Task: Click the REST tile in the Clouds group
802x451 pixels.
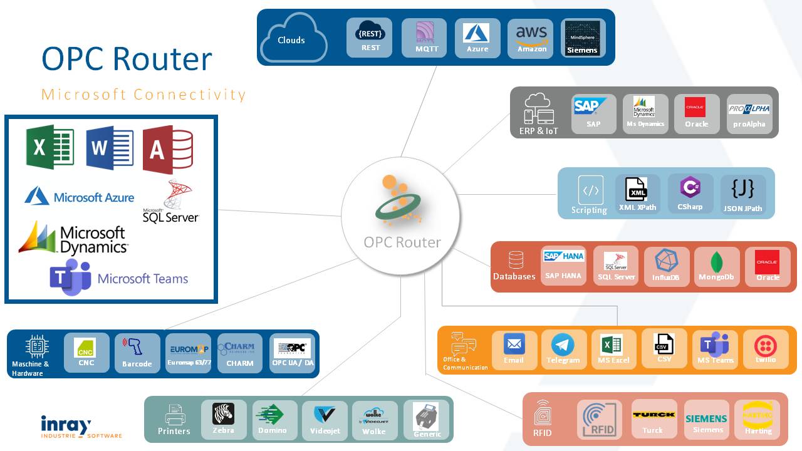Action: [370, 38]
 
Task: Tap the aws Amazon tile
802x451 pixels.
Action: [531, 38]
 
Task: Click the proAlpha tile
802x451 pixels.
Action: [749, 114]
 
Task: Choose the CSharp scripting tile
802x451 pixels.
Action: [690, 194]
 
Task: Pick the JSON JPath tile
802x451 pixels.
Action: [742, 194]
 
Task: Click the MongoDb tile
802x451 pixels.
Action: [716, 267]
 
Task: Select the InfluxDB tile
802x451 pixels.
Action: [666, 267]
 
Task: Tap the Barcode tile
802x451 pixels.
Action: [137, 353]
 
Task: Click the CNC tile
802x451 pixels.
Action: [86, 352]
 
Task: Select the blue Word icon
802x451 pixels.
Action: [110, 148]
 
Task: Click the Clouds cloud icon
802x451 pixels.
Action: [293, 39]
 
